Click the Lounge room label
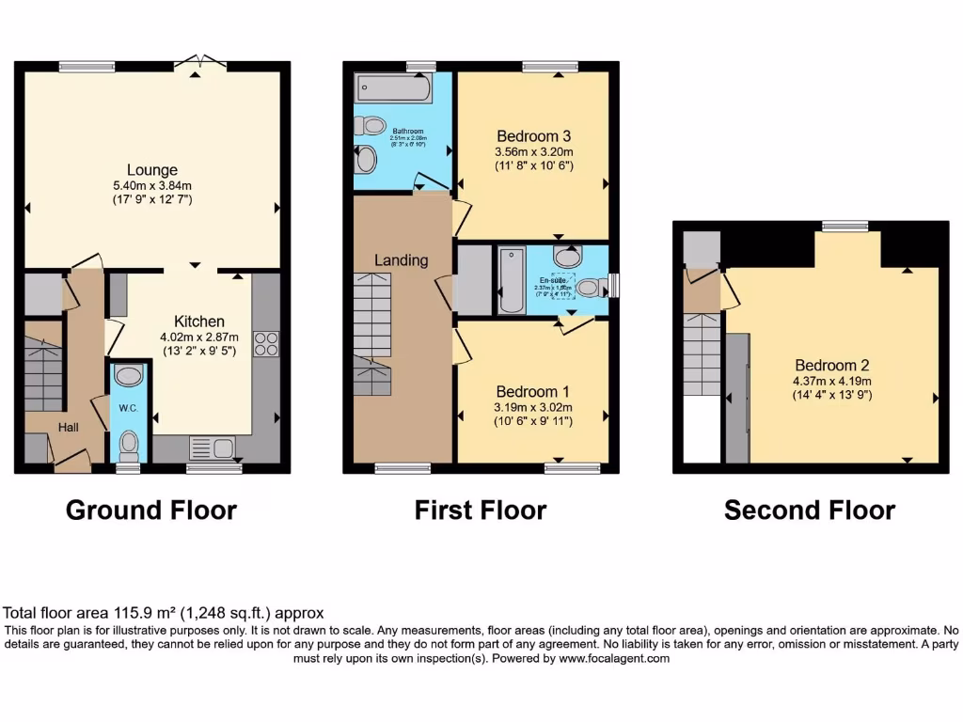[x=152, y=170]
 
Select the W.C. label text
[x=129, y=409]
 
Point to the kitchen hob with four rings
[x=265, y=344]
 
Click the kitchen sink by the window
[x=213, y=447]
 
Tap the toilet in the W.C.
[x=129, y=441]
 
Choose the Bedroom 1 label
[x=533, y=391]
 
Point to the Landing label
[x=401, y=260]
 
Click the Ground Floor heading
[x=150, y=510]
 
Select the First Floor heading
[x=480, y=510]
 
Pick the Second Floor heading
[x=809, y=510]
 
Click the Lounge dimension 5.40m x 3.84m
[x=152, y=186]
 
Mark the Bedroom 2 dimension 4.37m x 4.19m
[x=832, y=381]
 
